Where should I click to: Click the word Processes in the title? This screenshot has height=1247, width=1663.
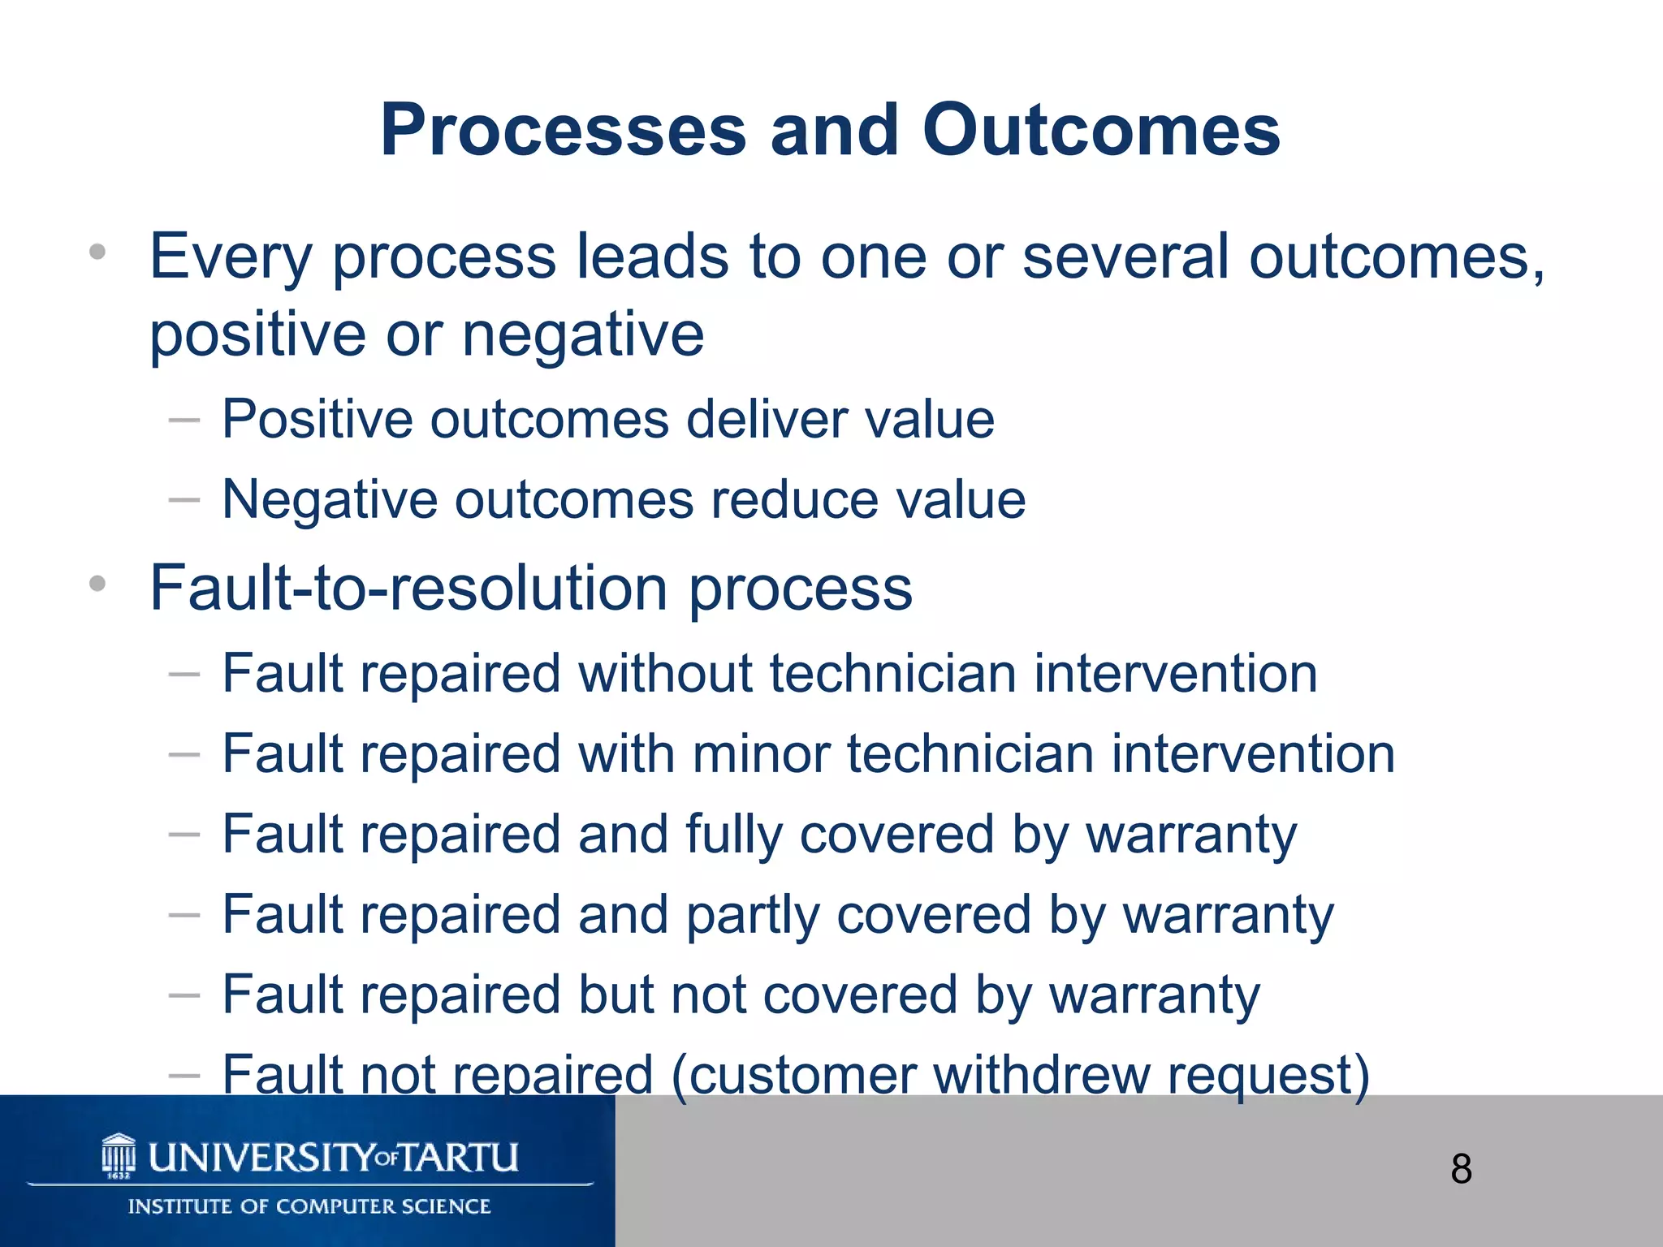point(563,132)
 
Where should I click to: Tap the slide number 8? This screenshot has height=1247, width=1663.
point(1461,1170)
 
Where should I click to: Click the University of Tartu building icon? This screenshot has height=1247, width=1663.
point(119,1156)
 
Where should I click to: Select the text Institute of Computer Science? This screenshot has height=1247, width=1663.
point(309,1206)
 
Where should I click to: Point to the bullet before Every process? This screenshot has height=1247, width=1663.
point(97,252)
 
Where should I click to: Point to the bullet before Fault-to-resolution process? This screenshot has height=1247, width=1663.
point(97,583)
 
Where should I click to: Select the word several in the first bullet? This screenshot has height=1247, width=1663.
point(1125,257)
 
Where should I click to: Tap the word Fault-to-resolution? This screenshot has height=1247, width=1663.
point(408,589)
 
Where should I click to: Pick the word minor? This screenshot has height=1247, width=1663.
point(761,754)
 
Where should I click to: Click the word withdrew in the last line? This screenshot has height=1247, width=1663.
point(1041,1075)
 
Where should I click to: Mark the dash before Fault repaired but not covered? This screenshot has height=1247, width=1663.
point(184,995)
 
